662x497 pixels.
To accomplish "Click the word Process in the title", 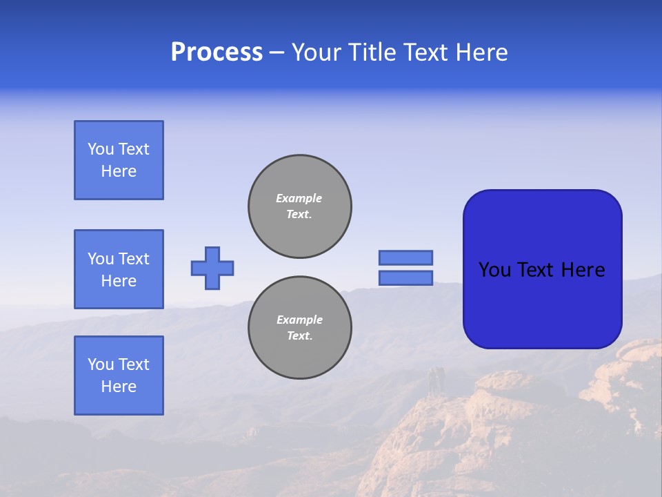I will (x=217, y=52).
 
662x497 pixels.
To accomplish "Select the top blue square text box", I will (x=119, y=160).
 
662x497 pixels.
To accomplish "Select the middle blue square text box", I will (x=119, y=269).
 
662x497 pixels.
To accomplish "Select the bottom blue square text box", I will (x=119, y=376).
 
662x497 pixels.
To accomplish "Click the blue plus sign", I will (x=212, y=268).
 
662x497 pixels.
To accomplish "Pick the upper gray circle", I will (x=300, y=206).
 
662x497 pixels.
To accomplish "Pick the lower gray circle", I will (x=300, y=328).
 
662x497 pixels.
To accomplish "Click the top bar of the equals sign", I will (x=405, y=257).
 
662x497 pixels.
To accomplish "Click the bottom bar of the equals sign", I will (x=405, y=277).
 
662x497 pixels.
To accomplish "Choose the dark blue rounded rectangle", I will (x=542, y=269).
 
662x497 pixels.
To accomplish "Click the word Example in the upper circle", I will (x=299, y=198).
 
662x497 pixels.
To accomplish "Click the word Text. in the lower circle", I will (x=299, y=336).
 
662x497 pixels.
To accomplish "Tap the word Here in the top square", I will (x=119, y=171).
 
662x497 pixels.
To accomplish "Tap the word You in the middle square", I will (x=100, y=259).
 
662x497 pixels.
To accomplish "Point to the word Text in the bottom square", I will (x=134, y=364).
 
